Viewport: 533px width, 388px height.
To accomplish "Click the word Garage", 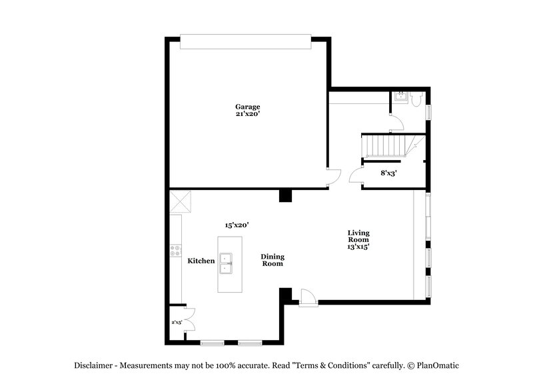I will [247, 107].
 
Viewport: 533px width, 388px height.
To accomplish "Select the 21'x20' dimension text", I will [247, 114].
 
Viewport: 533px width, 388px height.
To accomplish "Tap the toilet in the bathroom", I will [416, 99].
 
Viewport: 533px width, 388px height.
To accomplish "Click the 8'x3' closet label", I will [388, 173].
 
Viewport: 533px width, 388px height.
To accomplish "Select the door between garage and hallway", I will [333, 177].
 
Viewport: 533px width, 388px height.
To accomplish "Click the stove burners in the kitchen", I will [177, 251].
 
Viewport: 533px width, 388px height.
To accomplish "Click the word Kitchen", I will [201, 261].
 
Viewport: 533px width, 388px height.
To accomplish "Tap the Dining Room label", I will [272, 260].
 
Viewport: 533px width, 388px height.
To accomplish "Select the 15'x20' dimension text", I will [237, 226].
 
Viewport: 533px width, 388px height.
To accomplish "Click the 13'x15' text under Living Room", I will [358, 247].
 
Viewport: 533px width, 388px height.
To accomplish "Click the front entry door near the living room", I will [308, 298].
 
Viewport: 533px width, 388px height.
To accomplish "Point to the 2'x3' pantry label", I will [177, 322].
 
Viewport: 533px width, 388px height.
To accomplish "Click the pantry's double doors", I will [189, 319].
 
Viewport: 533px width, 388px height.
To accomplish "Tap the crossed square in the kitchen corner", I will [181, 200].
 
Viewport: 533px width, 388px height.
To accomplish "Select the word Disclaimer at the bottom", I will [93, 365].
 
